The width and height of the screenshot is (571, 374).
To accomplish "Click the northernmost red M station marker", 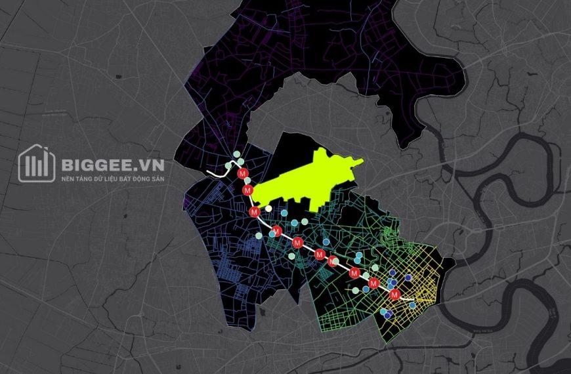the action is pos(243,174).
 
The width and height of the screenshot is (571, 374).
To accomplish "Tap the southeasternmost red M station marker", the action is pos(394,295).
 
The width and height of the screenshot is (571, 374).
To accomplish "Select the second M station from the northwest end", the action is pos(247,190).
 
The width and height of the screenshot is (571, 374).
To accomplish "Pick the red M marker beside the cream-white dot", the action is pos(254,211).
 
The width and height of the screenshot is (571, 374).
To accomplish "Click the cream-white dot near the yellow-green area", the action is pos(268,209).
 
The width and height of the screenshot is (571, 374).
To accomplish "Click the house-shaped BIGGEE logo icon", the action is pos(36,163).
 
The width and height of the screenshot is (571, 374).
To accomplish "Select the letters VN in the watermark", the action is pos(150,164).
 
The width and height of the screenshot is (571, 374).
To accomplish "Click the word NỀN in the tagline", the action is pos(68,178).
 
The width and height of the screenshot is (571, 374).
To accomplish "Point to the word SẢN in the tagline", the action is pos(158,178).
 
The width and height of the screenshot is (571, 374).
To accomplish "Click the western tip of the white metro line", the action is pos(209,172).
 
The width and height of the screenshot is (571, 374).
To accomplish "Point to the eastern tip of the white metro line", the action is pos(414,301).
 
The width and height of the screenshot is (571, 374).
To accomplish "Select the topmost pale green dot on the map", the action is pos(237,155).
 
